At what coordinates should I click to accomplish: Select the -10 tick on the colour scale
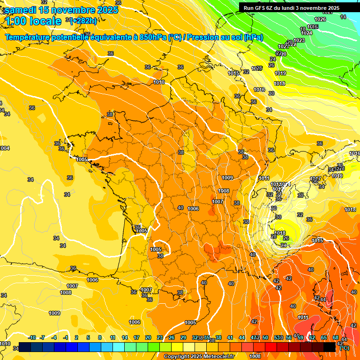point(32,337)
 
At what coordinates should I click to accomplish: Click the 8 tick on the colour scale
point(100,337)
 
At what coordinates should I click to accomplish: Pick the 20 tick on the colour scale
point(148,337)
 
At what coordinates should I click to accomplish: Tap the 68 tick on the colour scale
point(336,337)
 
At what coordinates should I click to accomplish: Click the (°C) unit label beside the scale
point(345,347)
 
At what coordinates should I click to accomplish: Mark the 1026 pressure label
point(320,19)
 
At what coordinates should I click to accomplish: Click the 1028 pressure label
point(256,68)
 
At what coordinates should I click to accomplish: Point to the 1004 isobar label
point(4,148)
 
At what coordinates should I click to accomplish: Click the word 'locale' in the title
point(45,21)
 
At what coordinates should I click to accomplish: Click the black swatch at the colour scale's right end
point(330,347)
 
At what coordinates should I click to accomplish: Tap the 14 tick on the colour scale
point(125,337)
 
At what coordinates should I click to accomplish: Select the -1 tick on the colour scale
point(66,337)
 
